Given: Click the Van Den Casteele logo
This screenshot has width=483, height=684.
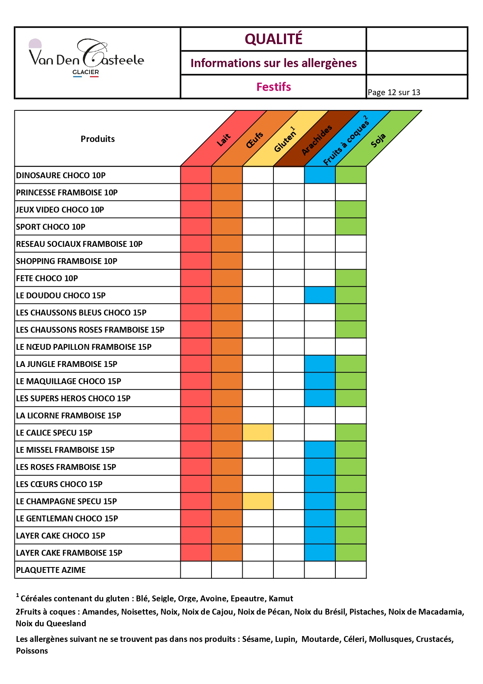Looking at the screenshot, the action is point(86,58).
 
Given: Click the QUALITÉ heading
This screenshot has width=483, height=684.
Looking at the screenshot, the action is point(273,39).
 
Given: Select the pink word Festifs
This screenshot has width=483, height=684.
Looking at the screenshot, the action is point(273,87).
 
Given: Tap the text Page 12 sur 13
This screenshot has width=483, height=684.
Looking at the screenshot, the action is point(394,92).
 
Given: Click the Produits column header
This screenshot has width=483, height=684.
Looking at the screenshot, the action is point(98,139).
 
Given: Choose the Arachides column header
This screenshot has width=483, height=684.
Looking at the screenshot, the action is point(317,140).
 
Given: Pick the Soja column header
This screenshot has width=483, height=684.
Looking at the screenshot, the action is point(378,140).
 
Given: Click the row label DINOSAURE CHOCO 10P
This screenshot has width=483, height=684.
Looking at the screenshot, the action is point(61,175).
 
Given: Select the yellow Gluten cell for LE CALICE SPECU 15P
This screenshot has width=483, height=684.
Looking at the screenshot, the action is point(258,432).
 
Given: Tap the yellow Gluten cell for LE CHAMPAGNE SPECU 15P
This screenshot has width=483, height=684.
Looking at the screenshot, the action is point(258,501).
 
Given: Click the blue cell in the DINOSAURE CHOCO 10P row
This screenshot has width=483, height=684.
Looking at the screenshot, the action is point(320,175).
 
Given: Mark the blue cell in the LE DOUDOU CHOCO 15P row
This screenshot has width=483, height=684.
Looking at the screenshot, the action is point(320,295).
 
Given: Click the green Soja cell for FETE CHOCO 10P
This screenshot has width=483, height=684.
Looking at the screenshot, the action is point(351,278).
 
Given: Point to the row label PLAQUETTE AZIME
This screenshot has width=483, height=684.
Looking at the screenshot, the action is point(51,570).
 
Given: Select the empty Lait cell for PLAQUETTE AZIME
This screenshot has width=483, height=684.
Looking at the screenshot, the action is point(196,570).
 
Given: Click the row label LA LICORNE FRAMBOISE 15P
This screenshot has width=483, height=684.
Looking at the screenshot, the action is point(69,416).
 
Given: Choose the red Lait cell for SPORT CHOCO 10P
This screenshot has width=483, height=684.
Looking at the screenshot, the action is point(196,227).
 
